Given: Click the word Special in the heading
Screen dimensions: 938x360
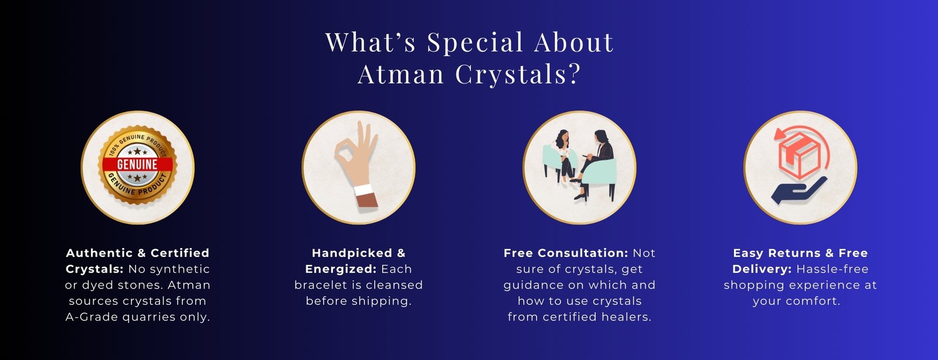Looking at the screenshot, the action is tap(475, 43).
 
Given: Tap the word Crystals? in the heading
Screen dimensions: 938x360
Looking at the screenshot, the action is tap(518, 74).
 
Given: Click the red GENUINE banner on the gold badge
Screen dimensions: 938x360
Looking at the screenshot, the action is tap(137, 164).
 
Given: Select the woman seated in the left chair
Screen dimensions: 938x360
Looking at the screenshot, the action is tap(563, 155).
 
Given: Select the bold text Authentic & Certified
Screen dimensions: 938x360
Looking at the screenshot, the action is tap(138, 253).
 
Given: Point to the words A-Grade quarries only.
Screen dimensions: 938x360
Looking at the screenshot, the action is tap(138, 317).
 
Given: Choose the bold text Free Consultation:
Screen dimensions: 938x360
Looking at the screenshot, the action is tap(566, 253).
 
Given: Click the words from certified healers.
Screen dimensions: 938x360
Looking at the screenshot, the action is tap(580, 317).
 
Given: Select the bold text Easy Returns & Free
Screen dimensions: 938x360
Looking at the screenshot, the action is tap(800, 253).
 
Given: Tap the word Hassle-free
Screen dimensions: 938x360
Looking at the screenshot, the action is tap(832, 269).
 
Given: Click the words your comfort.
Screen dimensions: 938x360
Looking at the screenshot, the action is tap(797, 301).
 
